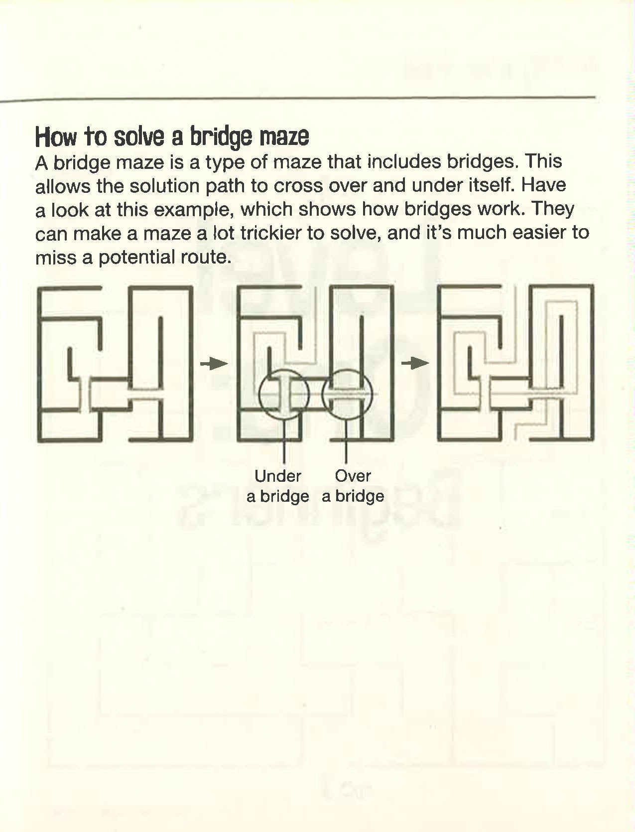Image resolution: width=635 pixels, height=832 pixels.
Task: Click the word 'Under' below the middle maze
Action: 278,476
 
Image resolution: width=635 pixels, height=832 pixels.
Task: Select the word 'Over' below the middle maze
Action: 353,476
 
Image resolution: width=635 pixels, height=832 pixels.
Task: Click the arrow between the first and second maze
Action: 214,364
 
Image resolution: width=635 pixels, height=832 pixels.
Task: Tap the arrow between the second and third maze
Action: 415,363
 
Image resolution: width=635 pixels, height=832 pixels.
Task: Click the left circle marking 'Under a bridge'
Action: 259,394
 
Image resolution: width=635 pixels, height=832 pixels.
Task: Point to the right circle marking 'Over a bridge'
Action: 322,394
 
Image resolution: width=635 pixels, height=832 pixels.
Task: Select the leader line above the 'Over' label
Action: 346,441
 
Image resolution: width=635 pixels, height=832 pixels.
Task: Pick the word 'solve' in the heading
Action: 139,137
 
